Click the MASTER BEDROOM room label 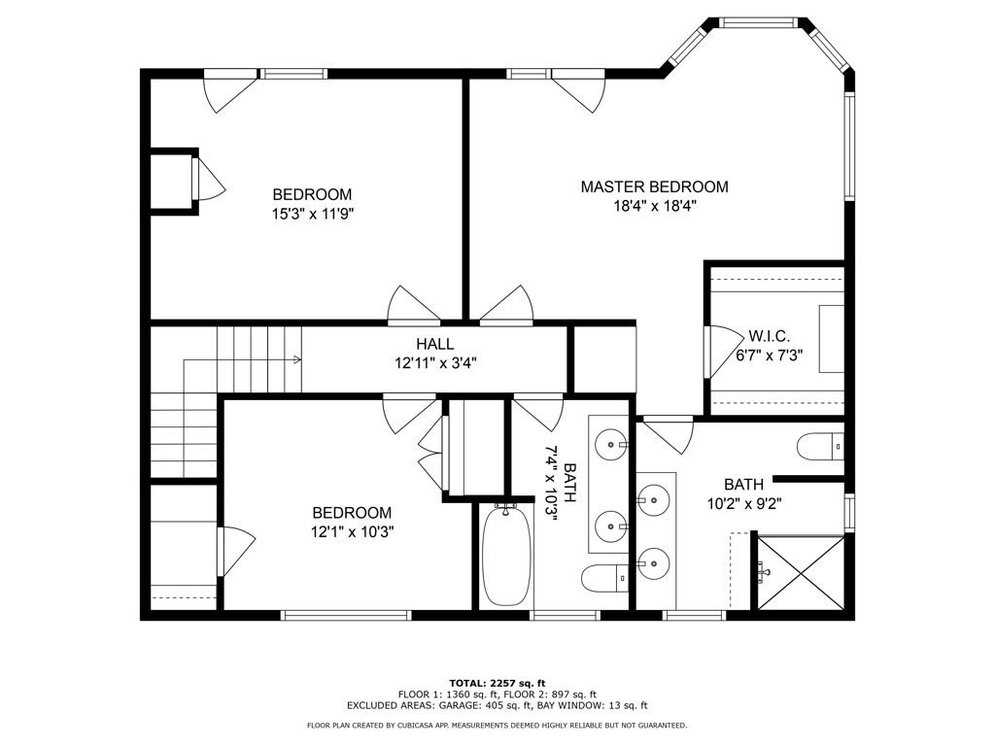click(654, 186)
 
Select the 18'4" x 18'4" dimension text click(654, 206)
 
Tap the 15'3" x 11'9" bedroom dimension click(312, 214)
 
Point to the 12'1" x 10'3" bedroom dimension click(352, 531)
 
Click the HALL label click(434, 344)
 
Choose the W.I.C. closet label click(769, 336)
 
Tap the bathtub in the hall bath click(505, 556)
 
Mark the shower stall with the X click(800, 573)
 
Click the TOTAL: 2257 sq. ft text click(497, 682)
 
